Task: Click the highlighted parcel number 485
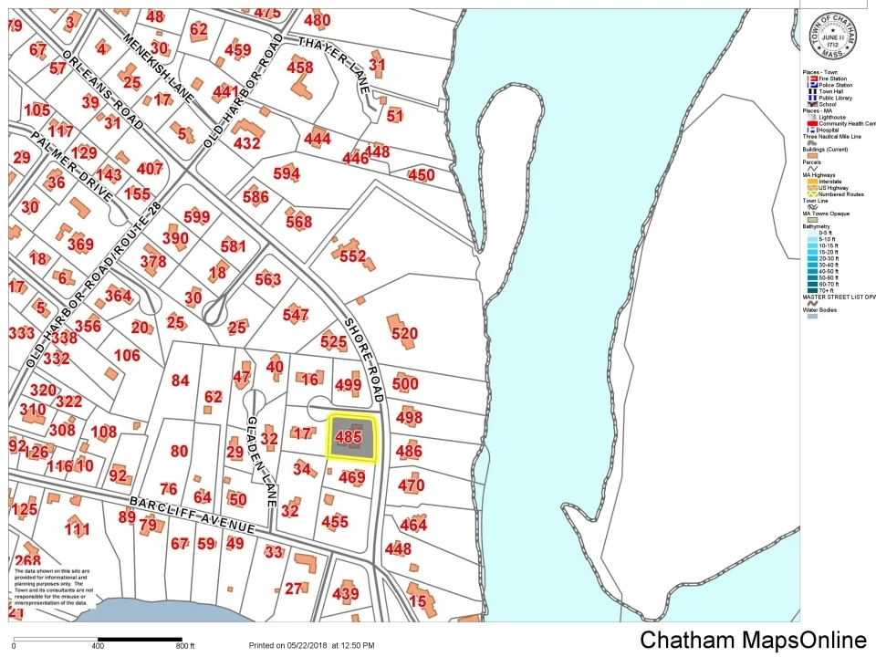point(349,438)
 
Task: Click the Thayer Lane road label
point(333,60)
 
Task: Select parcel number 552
point(352,256)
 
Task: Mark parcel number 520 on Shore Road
point(404,334)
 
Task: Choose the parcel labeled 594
point(286,173)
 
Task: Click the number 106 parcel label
point(127,355)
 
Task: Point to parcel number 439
point(346,594)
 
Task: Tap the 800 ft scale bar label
point(185,646)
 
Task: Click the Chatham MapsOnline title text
point(752,640)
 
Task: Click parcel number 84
point(180,381)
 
